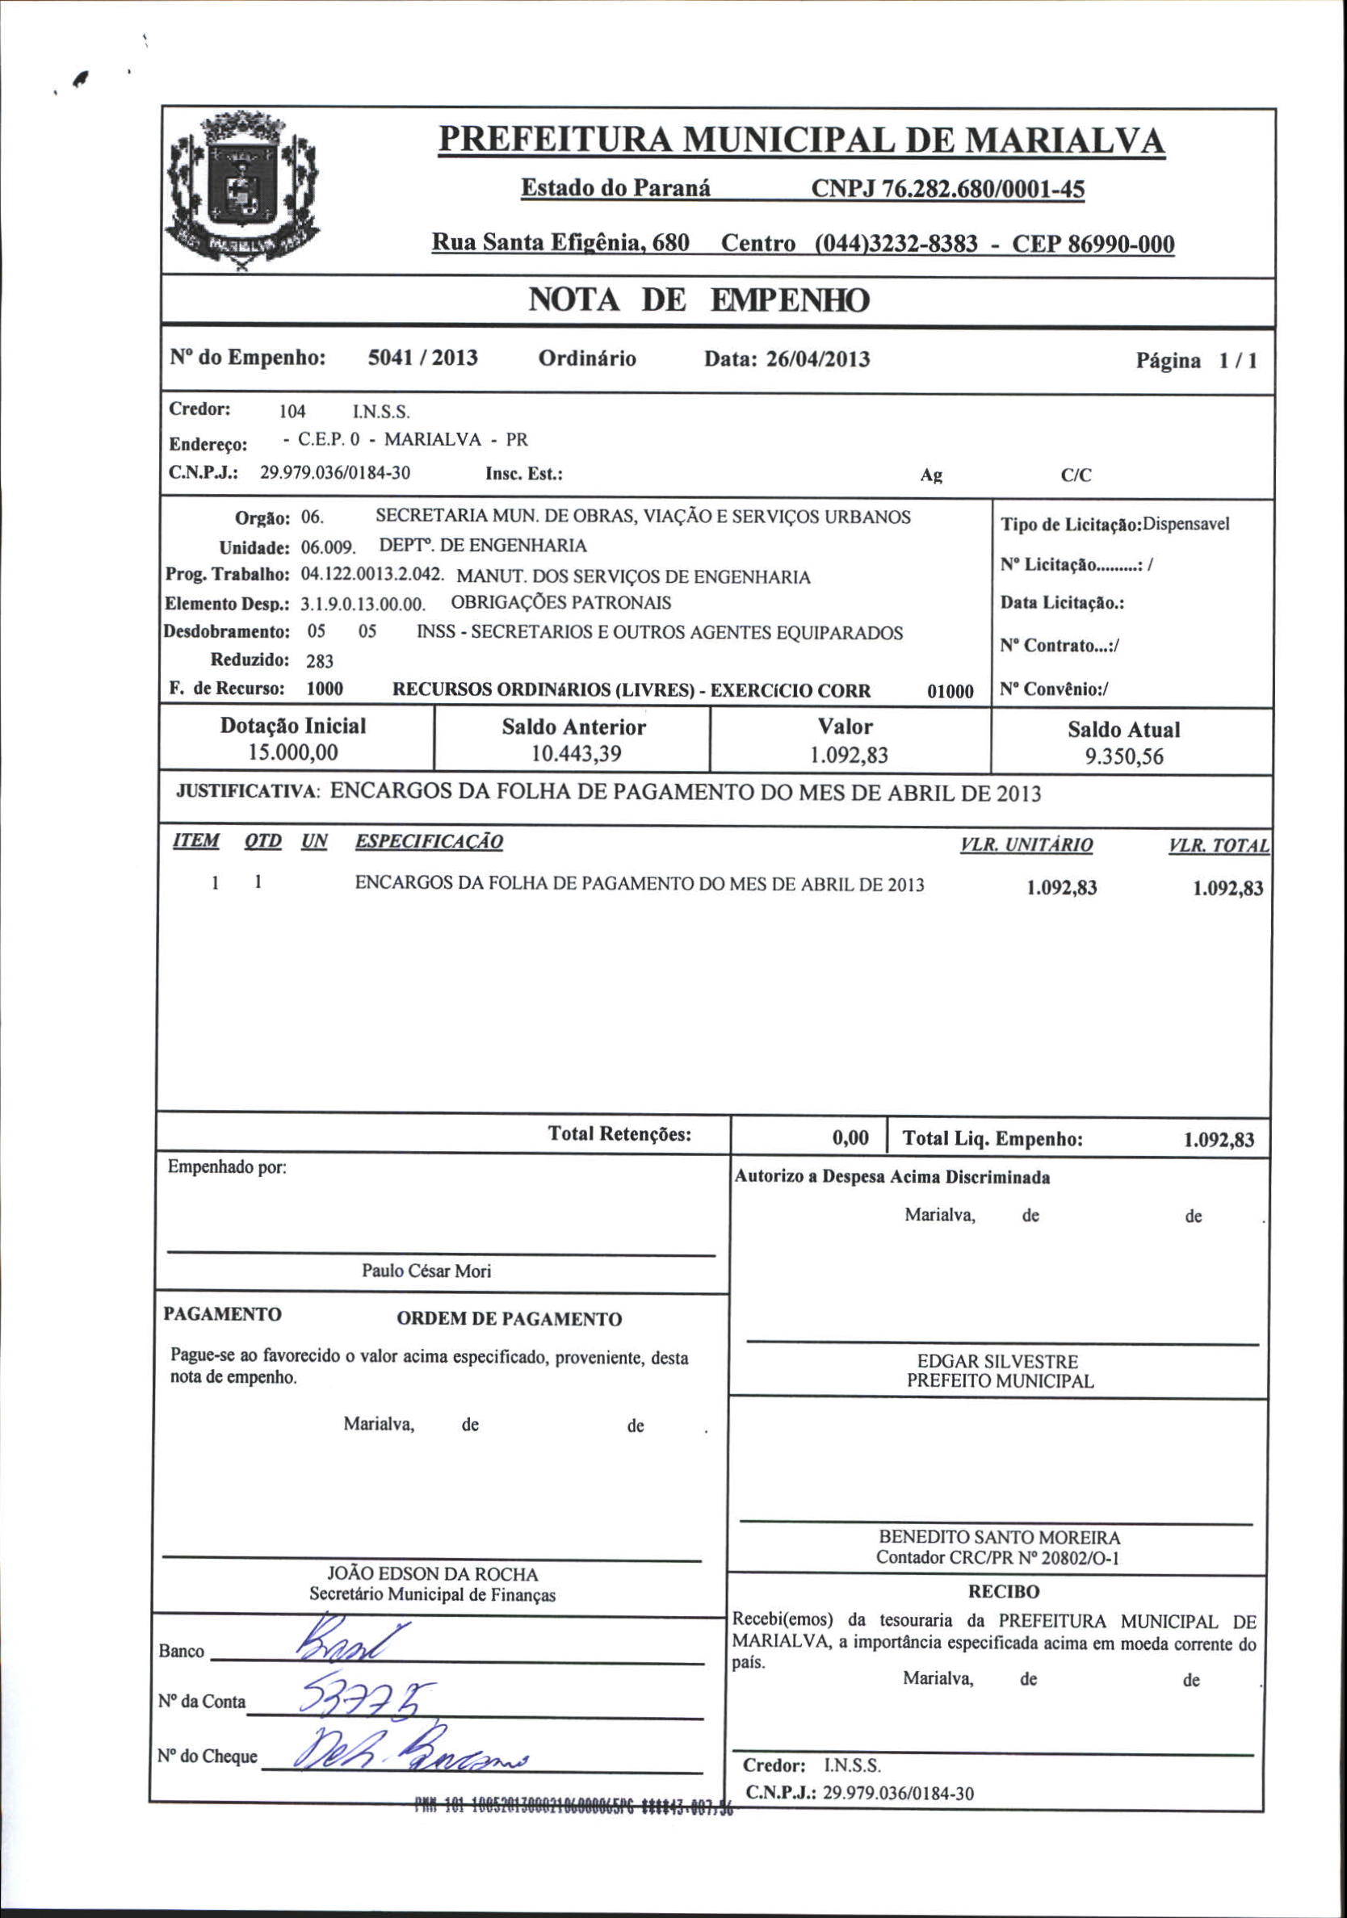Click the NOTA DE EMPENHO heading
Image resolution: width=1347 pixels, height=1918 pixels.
click(699, 301)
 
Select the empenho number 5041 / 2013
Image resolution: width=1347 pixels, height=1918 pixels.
click(423, 358)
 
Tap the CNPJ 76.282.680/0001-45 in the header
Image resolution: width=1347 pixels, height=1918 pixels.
click(947, 191)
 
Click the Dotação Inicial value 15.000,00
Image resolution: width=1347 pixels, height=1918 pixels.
click(293, 752)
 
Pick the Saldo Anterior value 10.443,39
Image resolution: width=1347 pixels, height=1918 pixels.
click(576, 754)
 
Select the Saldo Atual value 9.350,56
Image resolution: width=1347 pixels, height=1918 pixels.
click(1124, 757)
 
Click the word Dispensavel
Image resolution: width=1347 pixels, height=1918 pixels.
click(1185, 525)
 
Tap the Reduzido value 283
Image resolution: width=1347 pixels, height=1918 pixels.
click(319, 662)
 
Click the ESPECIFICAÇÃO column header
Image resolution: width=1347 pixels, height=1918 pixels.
click(429, 841)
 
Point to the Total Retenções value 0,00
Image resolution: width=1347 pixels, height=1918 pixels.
click(850, 1137)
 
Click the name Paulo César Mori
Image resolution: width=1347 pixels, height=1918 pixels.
click(426, 1271)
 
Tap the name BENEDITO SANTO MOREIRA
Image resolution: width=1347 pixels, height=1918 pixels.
click(1000, 1536)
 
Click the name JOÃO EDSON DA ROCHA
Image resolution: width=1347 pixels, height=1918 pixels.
click(432, 1574)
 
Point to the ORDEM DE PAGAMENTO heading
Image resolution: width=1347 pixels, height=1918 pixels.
click(509, 1319)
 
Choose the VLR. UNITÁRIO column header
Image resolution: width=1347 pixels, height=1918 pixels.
click(1026, 845)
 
